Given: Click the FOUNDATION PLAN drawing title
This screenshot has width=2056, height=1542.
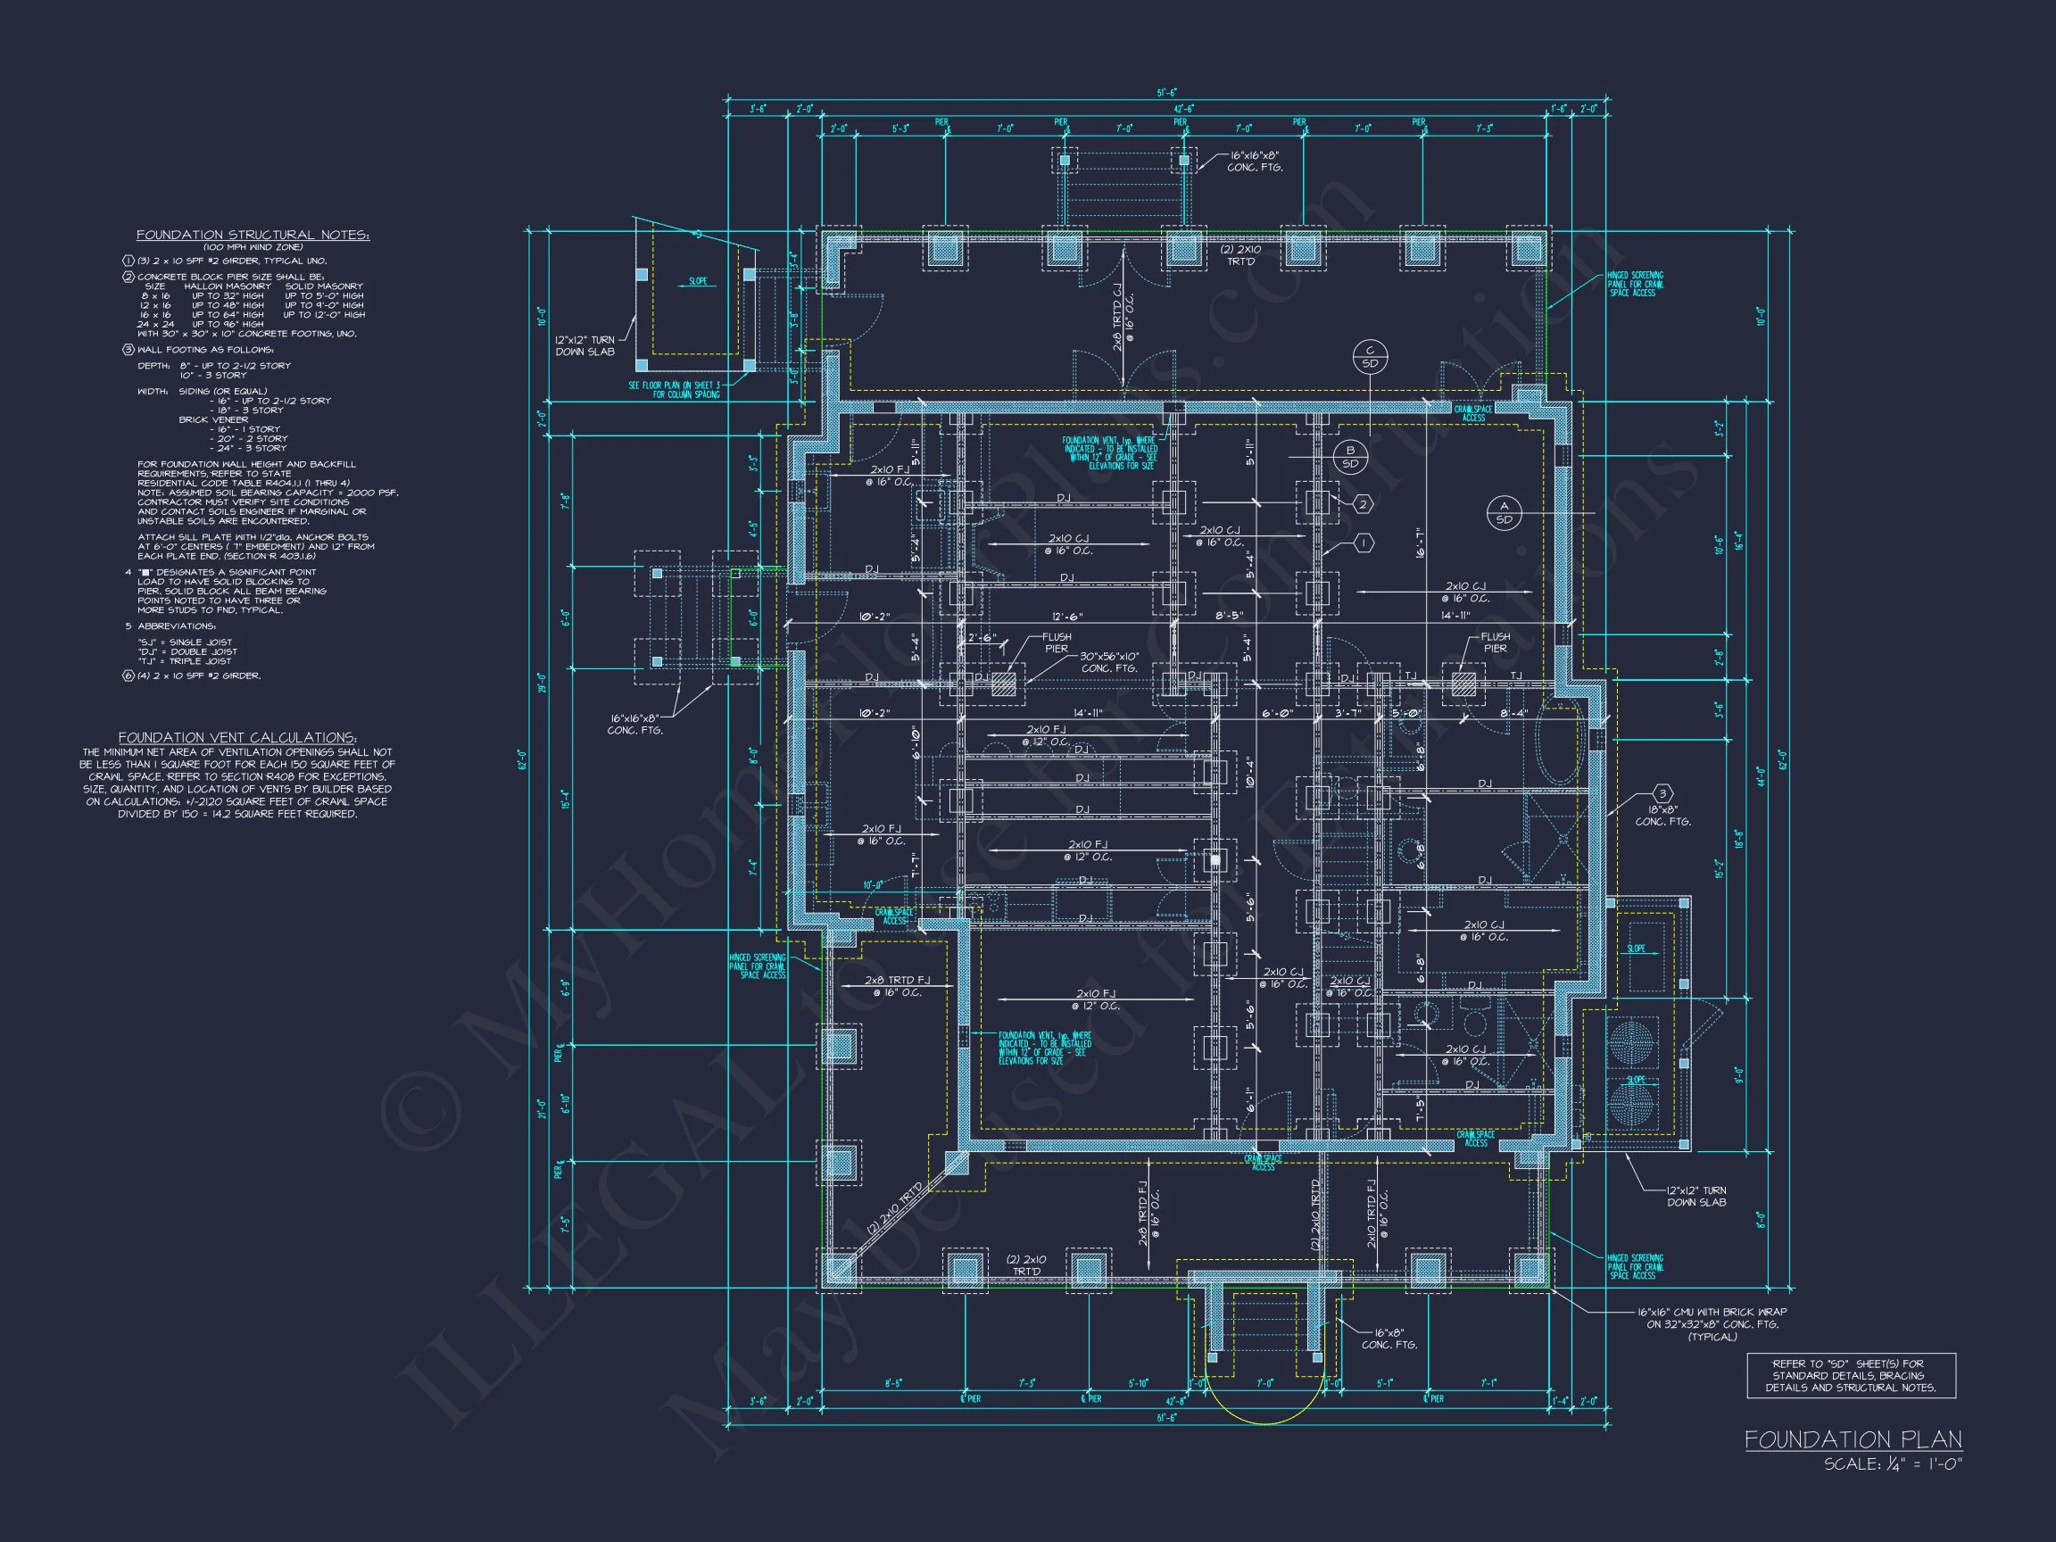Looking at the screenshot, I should pos(1853,1439).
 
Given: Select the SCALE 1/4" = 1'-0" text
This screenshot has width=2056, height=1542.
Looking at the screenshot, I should pos(1893,1464).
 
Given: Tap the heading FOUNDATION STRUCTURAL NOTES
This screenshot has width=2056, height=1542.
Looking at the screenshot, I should pos(253,236).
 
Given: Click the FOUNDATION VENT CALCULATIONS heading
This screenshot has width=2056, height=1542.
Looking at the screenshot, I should pos(237,737).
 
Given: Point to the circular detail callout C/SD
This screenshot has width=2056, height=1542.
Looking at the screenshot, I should pos(1370,357).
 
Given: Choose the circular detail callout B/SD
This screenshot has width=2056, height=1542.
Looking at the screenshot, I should pos(1349,457).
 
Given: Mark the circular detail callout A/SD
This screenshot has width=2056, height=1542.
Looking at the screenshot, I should pos(1504,513).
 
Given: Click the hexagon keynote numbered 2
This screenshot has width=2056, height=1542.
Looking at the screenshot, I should pos(1363,504).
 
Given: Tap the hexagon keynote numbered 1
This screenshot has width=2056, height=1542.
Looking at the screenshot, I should pos(1363,543).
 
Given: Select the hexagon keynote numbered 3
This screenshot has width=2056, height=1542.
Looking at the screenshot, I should pos(1662,794).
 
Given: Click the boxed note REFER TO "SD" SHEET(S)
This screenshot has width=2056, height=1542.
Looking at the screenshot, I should pos(1852,1376).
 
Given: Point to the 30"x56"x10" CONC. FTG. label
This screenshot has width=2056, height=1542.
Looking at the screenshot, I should pos(1108,662).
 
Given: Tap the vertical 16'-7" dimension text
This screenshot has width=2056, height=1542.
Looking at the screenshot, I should pos(1420,542).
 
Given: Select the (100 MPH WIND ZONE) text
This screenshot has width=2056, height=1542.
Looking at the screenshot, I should pos(253,247).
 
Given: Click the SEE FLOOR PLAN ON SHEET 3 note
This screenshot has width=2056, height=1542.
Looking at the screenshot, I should pos(674,389).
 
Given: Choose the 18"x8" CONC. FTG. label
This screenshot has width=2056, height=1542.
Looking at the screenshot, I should pos(1662,817).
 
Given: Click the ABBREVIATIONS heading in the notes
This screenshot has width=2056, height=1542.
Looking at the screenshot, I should pos(177,626).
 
